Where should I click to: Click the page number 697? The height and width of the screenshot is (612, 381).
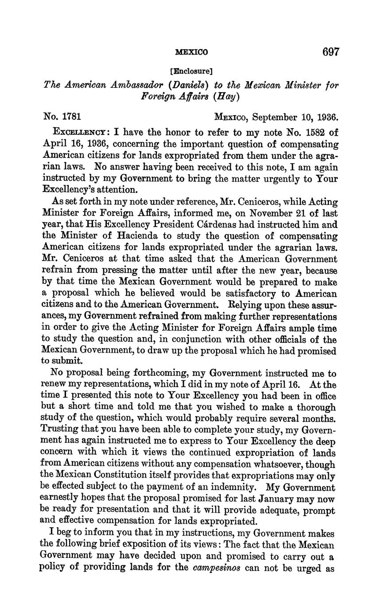click(x=330, y=52)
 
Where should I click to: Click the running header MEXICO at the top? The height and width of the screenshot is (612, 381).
click(x=191, y=52)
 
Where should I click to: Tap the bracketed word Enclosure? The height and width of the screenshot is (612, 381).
click(x=191, y=71)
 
